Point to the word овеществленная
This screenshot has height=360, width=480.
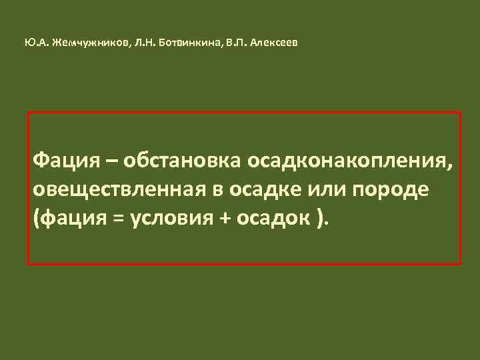(120, 189)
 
